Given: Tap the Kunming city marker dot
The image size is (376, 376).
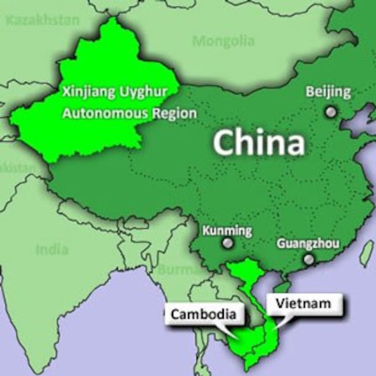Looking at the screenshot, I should pos(228,243).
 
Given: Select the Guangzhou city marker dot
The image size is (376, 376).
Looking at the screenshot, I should pos(309,259).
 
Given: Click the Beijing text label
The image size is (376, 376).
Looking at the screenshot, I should pos(328,92).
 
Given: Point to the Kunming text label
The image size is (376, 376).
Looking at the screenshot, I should pos(227,231).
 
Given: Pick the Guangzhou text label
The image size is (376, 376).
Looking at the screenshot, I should pos(308,243).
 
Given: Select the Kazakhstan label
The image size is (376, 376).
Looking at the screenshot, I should pos(42,20).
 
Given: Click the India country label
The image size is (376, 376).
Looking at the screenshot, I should pos(52,249).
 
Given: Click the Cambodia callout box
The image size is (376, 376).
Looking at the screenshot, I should pos(204,314).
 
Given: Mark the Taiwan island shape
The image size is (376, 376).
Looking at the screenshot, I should pos(366,254).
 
